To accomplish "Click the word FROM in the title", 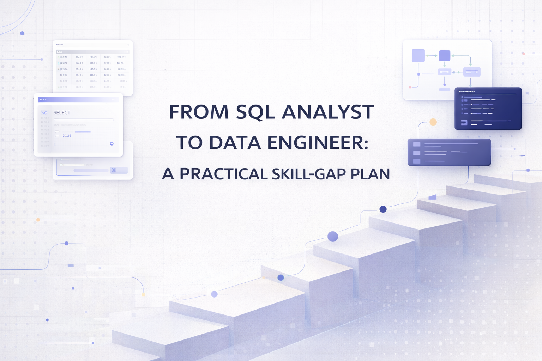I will (x=199, y=112).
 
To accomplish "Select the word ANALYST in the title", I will (x=328, y=112).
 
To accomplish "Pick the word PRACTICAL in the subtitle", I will (x=224, y=174).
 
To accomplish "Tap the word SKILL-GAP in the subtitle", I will (x=308, y=174).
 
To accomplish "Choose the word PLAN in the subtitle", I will (x=370, y=174).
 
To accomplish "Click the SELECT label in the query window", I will (x=62, y=112).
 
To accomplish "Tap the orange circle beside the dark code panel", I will (x=433, y=122).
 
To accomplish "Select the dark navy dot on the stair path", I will (x=383, y=209).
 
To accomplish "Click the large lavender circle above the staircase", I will (x=333, y=236).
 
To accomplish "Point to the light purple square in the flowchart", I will (x=418, y=56).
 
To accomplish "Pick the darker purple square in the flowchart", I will (x=444, y=56).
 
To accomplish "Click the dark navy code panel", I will (x=488, y=109).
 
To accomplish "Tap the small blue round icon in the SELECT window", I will (x=112, y=143).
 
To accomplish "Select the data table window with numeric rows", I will (x=92, y=68).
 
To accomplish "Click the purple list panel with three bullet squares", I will (x=449, y=152).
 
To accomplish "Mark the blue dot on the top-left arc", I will (x=22, y=33).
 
